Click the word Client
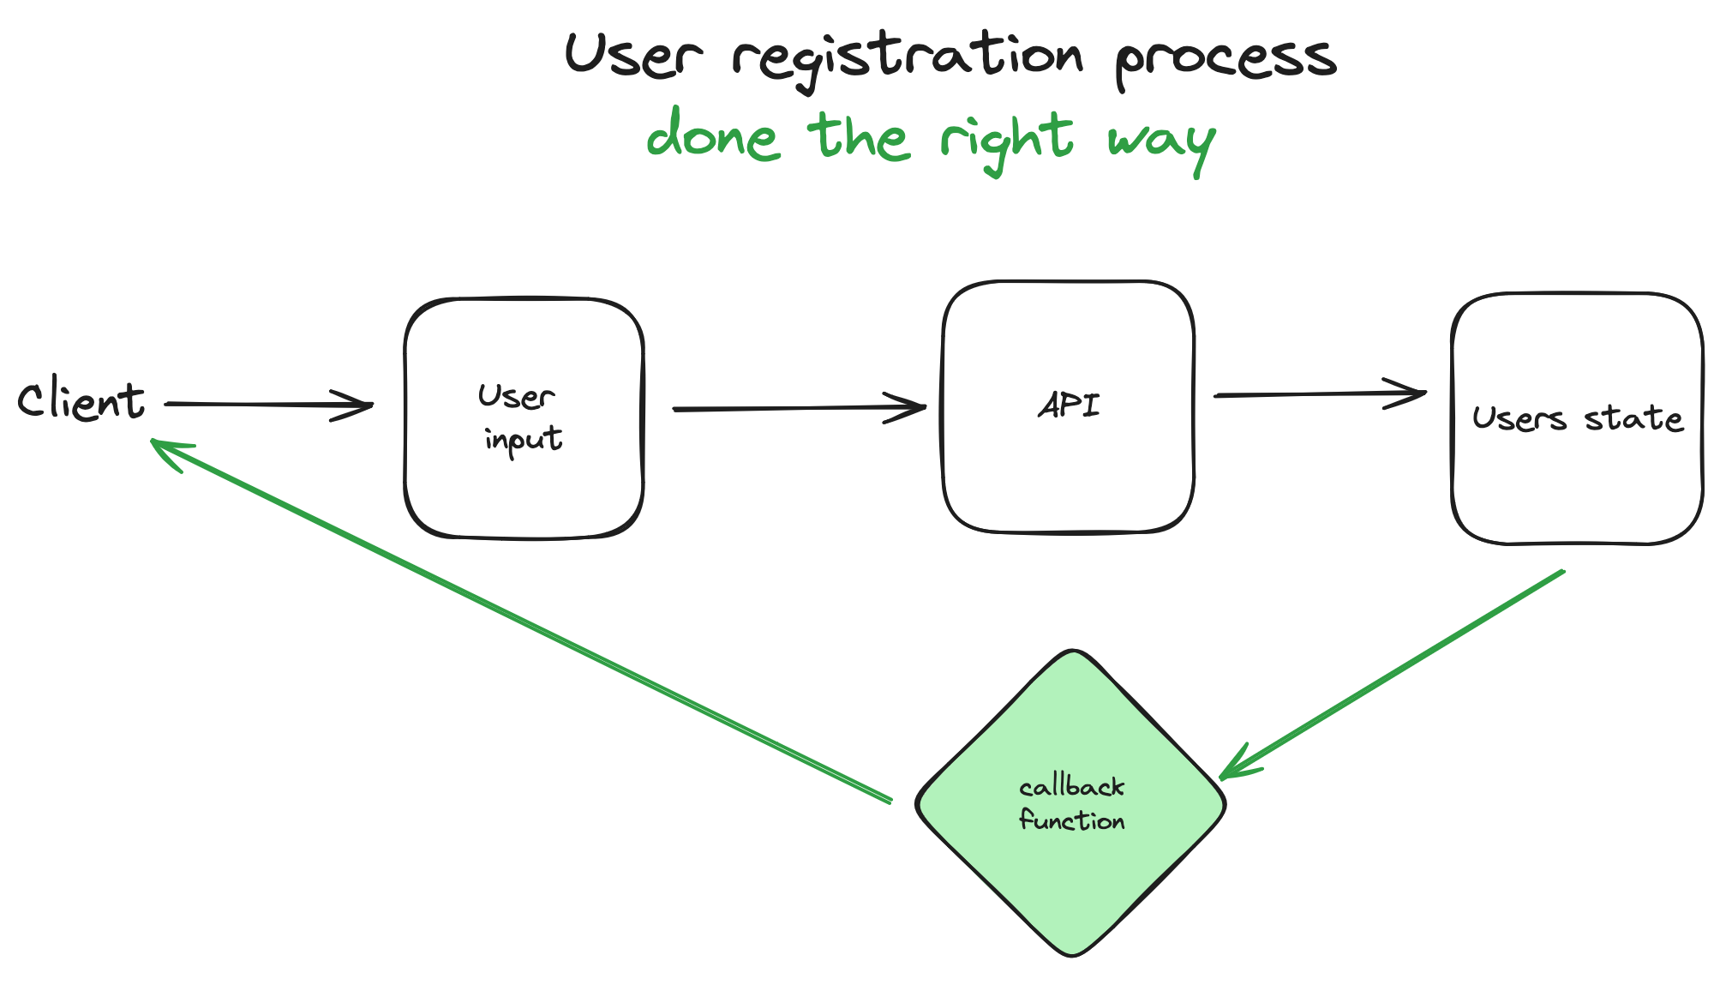(x=81, y=401)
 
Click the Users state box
(x=1577, y=489)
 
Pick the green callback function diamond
(x=1071, y=883)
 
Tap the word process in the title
(x=1226, y=60)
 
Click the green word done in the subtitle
(x=713, y=137)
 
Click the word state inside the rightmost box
(x=1633, y=419)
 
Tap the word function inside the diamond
(x=1071, y=821)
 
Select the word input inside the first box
(x=523, y=440)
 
